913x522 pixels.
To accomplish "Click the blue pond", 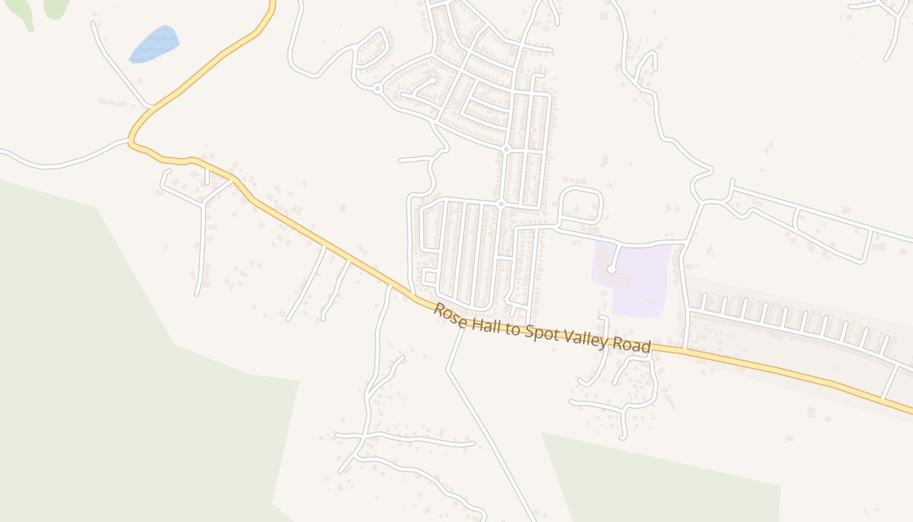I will (155, 44).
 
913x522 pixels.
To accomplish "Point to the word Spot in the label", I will (543, 334).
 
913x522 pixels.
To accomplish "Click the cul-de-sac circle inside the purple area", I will (611, 269).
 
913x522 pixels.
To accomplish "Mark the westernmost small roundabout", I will (377, 88).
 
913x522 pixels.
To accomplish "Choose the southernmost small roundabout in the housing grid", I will (501, 204).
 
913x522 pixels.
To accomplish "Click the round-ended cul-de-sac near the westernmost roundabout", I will (432, 80).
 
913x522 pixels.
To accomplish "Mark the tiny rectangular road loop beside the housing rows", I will (429, 277).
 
